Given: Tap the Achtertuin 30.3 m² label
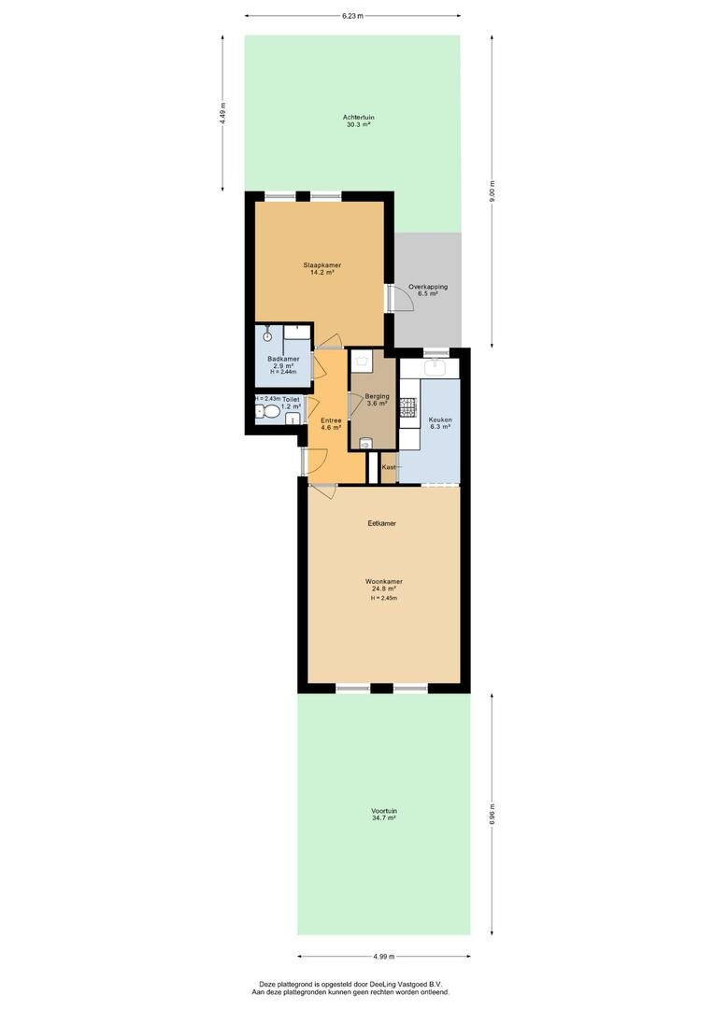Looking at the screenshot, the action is pos(359,121).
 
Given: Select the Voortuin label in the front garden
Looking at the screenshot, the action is pos(384,814).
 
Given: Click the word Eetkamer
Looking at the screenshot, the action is pos(382,523).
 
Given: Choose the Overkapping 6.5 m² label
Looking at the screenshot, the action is pos(428,291).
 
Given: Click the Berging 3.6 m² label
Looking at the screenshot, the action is pos(378,400).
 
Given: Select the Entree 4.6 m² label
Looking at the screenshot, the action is pos(331,423).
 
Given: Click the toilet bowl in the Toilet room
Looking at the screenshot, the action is pos(267,412).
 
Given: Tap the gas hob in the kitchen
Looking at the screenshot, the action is pos(408,405).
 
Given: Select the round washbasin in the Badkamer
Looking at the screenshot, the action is pos(266,334).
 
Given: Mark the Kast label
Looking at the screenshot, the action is pos(389,467).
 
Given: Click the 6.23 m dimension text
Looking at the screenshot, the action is pos(353,16).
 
